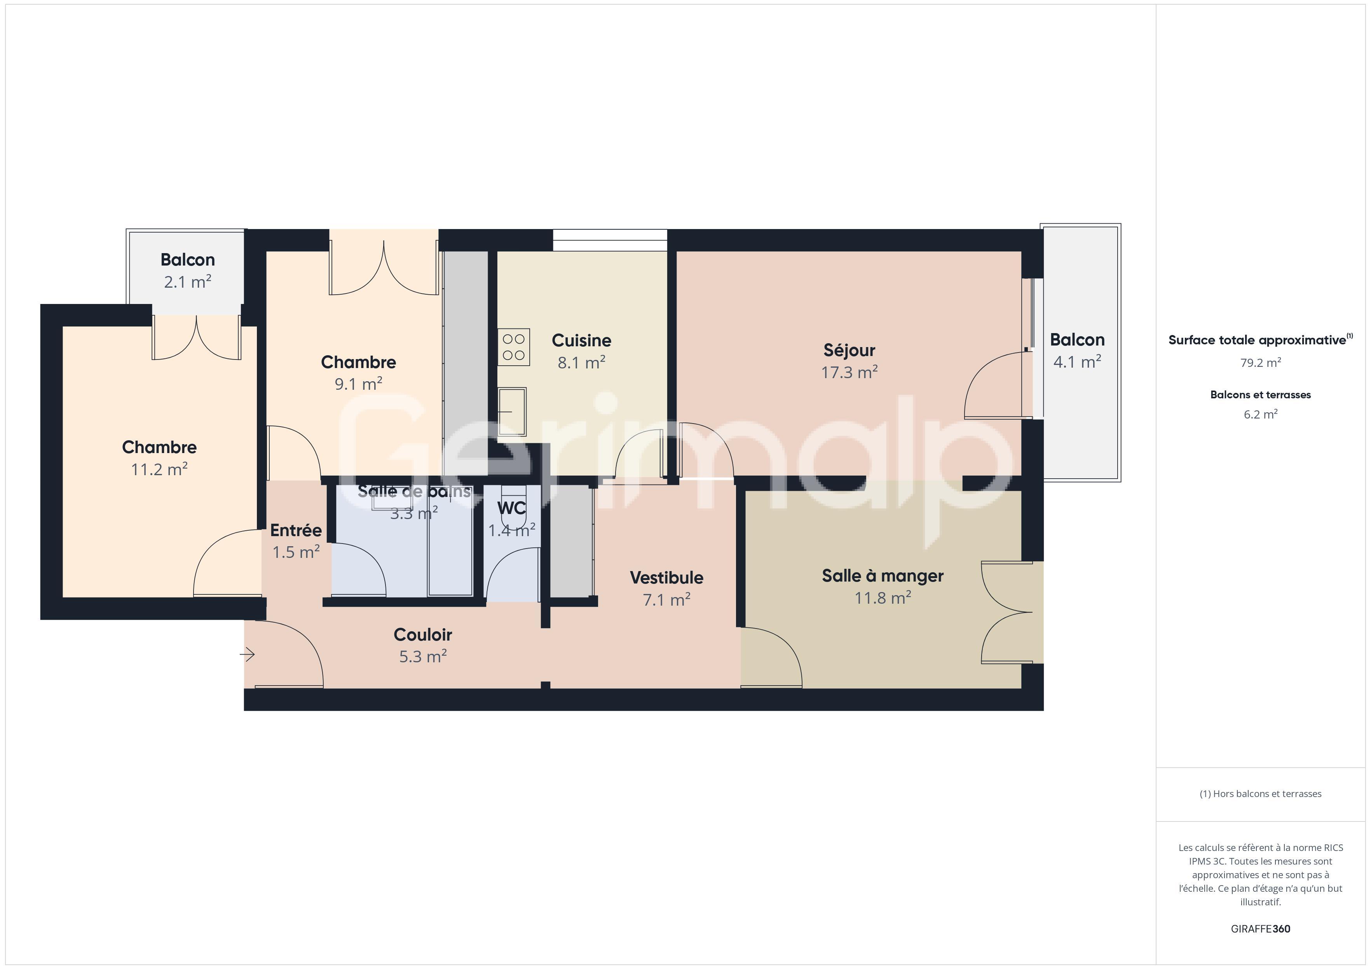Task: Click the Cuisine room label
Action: (x=581, y=341)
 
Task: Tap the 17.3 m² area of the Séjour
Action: (x=849, y=372)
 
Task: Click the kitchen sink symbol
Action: (x=512, y=412)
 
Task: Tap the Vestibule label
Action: (x=666, y=578)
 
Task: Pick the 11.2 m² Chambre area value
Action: (x=159, y=470)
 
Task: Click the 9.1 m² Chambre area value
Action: (x=358, y=384)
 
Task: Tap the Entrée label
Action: (x=296, y=530)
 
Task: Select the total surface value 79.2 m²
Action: (x=1261, y=363)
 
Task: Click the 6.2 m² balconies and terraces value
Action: (x=1261, y=415)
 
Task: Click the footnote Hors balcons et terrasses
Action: (x=1261, y=794)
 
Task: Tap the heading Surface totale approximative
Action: (x=1257, y=340)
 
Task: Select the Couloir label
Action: (x=423, y=635)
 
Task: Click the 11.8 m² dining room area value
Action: (x=883, y=598)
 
